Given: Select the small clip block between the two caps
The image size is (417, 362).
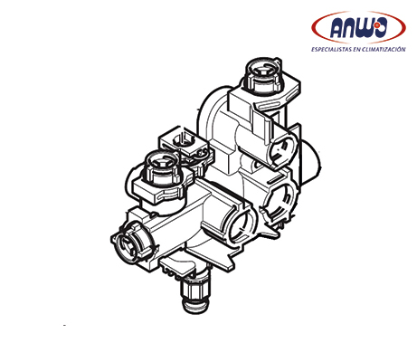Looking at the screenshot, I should tap(184, 142).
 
